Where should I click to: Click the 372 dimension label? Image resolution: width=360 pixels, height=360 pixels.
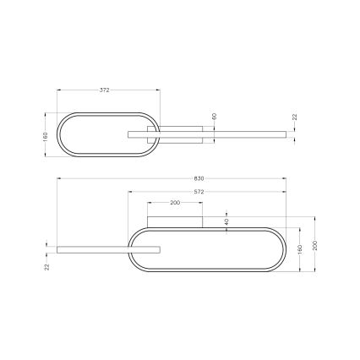tap(104, 90)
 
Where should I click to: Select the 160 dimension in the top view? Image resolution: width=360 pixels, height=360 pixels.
tap(48, 136)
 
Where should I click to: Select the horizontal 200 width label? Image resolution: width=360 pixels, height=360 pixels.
tap(175, 204)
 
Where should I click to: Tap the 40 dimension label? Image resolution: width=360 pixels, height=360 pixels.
tap(226, 221)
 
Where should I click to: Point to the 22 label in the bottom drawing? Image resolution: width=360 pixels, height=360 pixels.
tap(48, 266)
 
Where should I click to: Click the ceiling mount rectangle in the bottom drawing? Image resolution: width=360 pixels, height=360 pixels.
tap(175, 221)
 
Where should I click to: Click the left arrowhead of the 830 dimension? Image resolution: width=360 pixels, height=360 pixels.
tap(58, 182)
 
